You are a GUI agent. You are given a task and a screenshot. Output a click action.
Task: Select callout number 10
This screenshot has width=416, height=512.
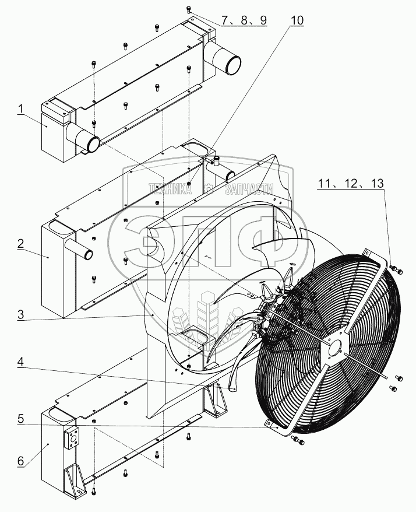297,20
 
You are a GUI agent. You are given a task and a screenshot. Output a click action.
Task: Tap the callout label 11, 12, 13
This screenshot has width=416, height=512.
351,183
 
